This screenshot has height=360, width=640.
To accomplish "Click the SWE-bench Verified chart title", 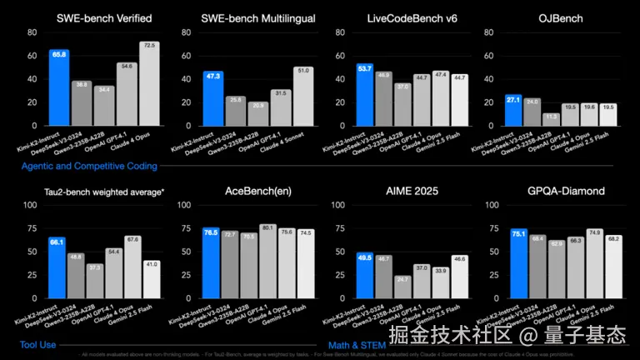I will coord(104,18).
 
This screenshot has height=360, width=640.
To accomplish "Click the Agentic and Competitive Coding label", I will coord(90,166).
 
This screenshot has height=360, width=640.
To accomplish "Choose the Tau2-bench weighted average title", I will coord(104,192).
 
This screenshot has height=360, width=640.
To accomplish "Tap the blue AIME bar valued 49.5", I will coord(363,275).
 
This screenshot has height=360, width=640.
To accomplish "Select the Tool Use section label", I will coord(38,343).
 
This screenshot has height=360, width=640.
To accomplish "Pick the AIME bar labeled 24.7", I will coord(402,287).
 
